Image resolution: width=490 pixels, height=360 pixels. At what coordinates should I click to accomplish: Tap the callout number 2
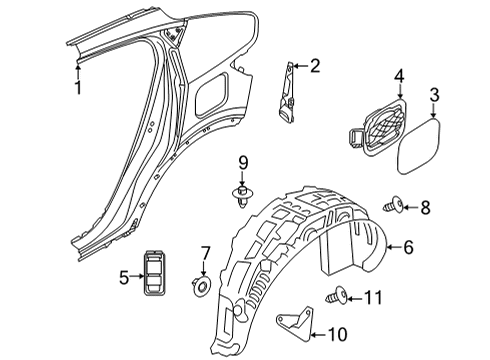pos(315,67)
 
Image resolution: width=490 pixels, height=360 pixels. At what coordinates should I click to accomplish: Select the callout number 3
pos(434,95)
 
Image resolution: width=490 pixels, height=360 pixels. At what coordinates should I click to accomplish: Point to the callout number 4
pos(398,75)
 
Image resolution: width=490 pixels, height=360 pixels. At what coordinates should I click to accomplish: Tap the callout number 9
pos(242,163)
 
